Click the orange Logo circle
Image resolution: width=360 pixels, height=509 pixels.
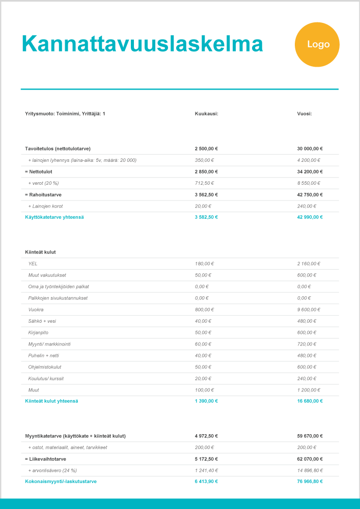(317, 45)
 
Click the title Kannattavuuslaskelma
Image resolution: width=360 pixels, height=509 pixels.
(142, 44)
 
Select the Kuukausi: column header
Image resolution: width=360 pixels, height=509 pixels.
(206, 114)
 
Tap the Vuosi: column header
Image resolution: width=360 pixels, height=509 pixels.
(304, 114)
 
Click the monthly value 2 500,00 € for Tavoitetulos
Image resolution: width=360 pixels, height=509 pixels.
(206, 149)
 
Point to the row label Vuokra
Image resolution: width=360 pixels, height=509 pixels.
(36, 309)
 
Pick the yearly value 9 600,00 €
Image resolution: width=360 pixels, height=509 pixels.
(310, 309)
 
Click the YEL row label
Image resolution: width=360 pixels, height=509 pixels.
(33, 264)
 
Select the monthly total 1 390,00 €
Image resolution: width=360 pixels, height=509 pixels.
(206, 401)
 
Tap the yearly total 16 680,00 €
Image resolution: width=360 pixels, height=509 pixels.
(310, 401)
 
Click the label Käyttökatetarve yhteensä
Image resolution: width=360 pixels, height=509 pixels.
(54, 217)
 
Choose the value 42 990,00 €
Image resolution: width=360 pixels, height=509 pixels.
(310, 217)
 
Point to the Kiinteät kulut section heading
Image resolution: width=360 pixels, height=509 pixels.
(40, 252)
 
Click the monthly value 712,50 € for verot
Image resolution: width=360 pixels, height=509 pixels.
(205, 183)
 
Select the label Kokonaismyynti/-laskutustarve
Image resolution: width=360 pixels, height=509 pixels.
(61, 481)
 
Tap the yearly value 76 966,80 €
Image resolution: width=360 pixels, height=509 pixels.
(310, 481)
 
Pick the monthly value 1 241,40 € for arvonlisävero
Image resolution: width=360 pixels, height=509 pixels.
(206, 470)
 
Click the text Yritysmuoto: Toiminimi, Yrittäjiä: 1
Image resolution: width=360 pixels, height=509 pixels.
(65, 114)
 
